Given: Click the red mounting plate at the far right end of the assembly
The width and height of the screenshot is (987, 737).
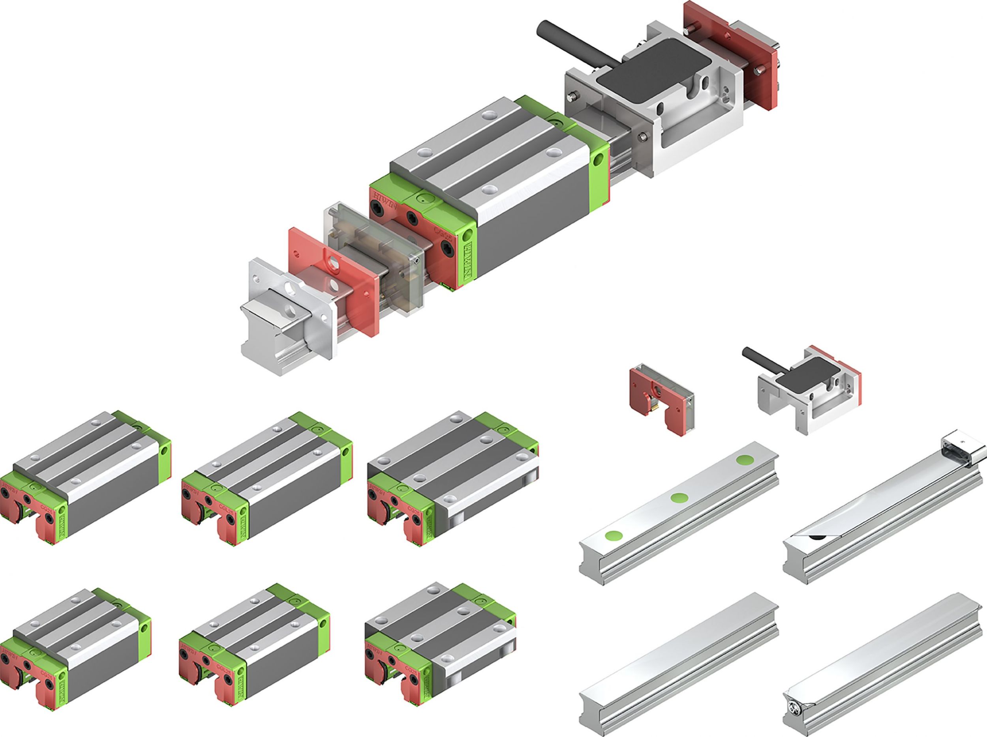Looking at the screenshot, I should (732, 54).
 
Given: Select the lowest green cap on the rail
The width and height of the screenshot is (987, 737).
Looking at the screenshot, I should (614, 535).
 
